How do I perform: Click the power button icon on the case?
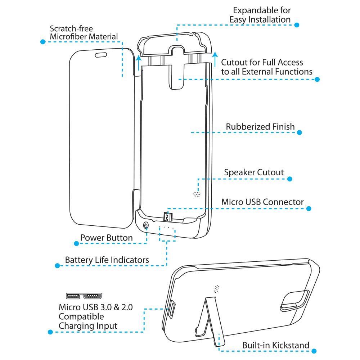146,226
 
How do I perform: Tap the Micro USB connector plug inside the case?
167,217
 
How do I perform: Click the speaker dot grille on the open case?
196,194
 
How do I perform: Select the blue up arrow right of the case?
215,59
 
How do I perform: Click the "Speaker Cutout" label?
254,172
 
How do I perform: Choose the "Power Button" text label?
106,238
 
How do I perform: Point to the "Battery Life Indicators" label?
107,260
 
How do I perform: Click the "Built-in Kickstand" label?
275,345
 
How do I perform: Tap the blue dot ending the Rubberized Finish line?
299,132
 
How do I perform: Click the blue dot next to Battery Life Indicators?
57,266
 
